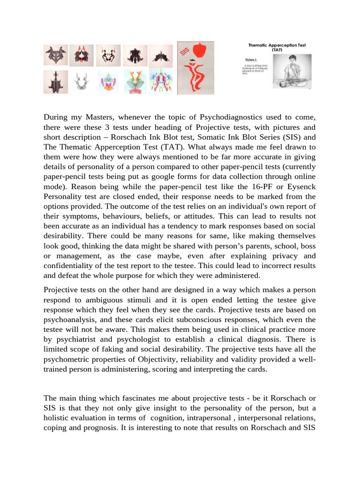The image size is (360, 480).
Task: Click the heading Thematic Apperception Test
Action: tap(277, 45)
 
